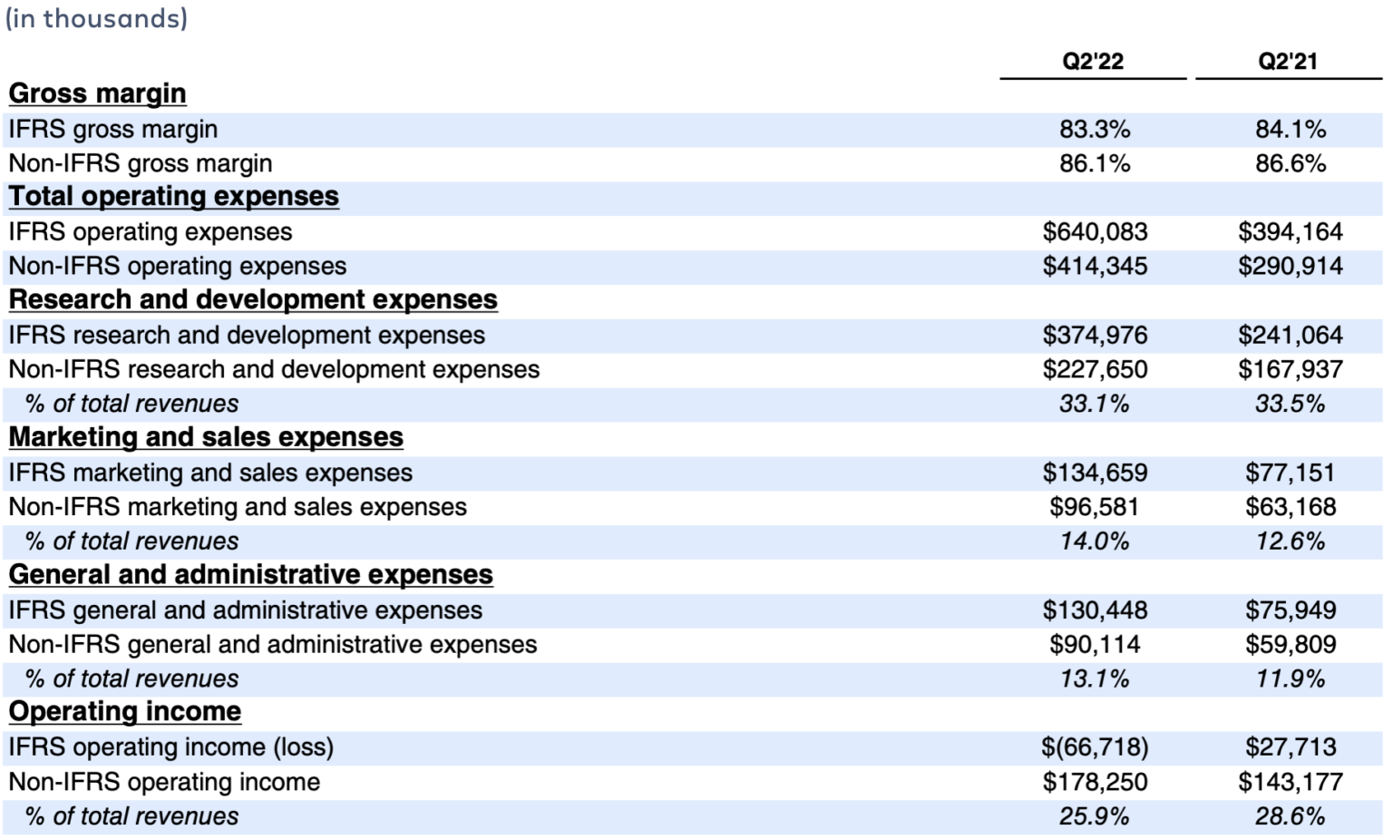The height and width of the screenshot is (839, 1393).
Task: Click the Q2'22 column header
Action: coord(1093,62)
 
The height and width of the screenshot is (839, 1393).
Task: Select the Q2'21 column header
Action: coord(1288,62)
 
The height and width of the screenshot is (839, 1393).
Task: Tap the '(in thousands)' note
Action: coord(96,18)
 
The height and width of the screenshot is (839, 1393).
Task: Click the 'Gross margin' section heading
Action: coord(97,93)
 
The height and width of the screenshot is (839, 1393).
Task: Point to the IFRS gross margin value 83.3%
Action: coord(1095,130)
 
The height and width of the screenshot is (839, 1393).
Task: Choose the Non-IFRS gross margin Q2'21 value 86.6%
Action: coord(1290,164)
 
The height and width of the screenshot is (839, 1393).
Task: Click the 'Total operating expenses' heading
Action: coord(173,197)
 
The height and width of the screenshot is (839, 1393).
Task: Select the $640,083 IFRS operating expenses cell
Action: coord(1095,232)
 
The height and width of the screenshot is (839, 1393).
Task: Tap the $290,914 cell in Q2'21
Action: coord(1290,267)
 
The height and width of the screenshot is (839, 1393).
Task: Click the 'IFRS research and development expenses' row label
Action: coord(247,336)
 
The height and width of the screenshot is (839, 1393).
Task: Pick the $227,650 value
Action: coord(1095,370)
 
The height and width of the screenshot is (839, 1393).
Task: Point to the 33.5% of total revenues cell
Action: coord(1290,405)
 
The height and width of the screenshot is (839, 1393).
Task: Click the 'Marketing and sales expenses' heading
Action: coord(206,437)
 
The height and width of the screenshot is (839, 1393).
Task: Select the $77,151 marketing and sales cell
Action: coord(1290,473)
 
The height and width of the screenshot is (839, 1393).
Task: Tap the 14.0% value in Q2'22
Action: coord(1095,541)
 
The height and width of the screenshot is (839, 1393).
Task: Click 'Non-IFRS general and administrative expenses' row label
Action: coord(272,645)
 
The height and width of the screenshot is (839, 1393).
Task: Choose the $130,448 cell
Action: coord(1095,610)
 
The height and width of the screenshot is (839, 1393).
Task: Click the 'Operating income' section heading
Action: coord(125,712)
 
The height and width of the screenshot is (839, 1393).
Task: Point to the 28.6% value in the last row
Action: coord(1290,816)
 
